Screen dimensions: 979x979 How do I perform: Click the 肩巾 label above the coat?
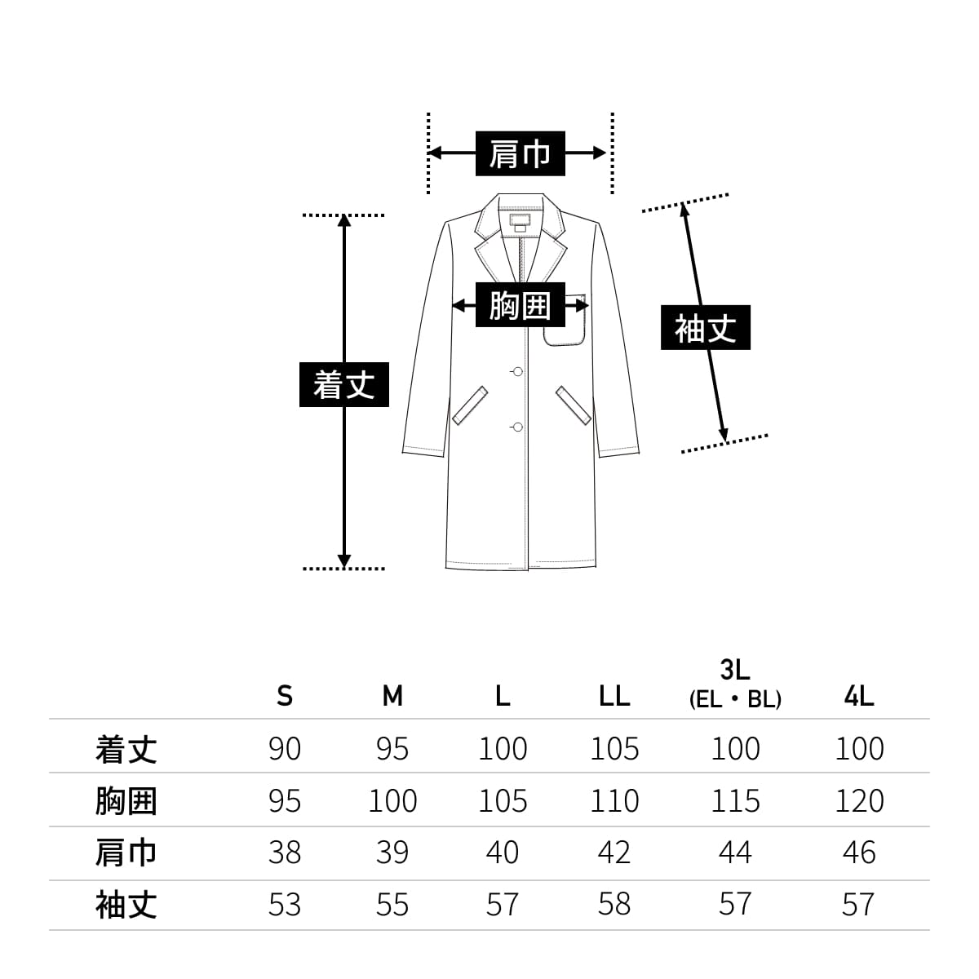pyautogui.click(x=520, y=153)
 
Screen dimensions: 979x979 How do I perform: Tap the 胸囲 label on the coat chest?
pyautogui.click(x=520, y=306)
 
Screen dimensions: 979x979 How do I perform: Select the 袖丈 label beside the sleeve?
pyautogui.click(x=705, y=328)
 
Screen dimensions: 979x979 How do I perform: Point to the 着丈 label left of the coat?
pyautogui.click(x=343, y=384)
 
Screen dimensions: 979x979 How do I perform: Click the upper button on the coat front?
pyautogui.click(x=517, y=372)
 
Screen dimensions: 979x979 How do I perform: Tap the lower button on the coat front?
pyautogui.click(x=517, y=426)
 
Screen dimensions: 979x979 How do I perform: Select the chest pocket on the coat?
pyautogui.click(x=565, y=321)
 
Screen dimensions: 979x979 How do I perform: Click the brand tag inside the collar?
pyautogui.click(x=520, y=220)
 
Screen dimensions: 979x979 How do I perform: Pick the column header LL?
pyautogui.click(x=614, y=696)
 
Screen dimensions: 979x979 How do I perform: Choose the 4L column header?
pyautogui.click(x=859, y=696)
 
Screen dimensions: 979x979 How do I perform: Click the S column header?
pyautogui.click(x=284, y=696)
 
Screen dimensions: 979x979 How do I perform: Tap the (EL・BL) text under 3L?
pyautogui.click(x=735, y=700)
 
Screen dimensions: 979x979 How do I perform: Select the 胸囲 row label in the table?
pyautogui.click(x=126, y=801)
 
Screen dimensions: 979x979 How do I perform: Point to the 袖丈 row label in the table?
pyautogui.click(x=126, y=906)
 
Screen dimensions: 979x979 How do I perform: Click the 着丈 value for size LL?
pyautogui.click(x=614, y=749)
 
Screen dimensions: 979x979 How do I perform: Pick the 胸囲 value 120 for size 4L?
pyautogui.click(x=859, y=801)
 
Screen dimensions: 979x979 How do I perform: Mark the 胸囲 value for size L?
pyautogui.click(x=503, y=801)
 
